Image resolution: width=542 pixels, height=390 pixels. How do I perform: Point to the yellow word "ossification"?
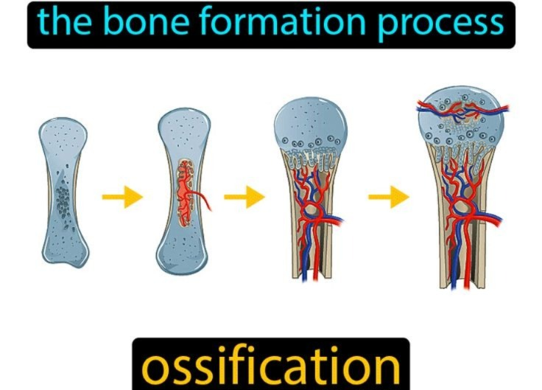tap(271, 366)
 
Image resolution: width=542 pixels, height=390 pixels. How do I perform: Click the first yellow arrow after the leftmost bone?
tap(122, 197)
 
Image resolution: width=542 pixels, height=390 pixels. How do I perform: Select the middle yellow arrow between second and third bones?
tap(244, 197)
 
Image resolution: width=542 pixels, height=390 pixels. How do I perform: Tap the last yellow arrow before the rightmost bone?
tap(389, 197)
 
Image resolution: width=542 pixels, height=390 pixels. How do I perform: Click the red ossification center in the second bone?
tap(186, 192)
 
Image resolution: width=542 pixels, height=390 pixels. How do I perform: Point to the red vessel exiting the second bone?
tap(203, 201)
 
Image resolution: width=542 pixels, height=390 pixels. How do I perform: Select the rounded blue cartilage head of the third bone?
tap(311, 125)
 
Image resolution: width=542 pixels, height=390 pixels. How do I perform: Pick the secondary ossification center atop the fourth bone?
tap(461, 110)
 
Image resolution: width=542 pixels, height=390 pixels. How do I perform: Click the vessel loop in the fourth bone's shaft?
tap(462, 207)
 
